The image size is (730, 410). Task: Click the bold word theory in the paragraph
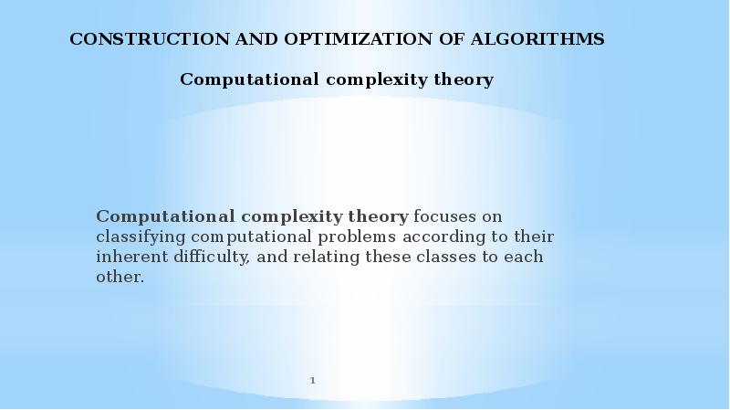pyautogui.click(x=378, y=216)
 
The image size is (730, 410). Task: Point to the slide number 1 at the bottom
pyautogui.click(x=313, y=380)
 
